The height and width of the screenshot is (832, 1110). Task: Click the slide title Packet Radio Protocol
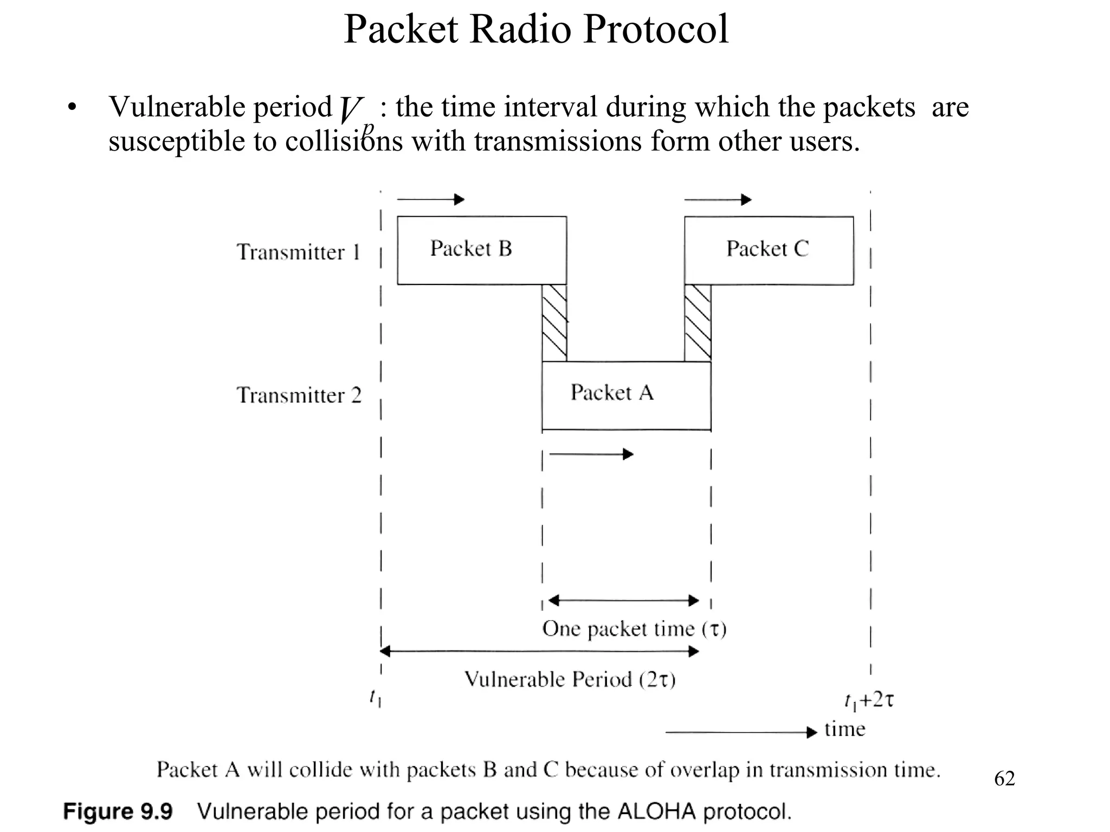[536, 29]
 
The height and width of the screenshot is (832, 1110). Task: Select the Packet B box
[482, 250]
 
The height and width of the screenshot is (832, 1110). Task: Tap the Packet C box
[769, 250]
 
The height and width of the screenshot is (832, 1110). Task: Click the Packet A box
[626, 395]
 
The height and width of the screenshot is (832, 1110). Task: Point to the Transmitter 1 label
[298, 252]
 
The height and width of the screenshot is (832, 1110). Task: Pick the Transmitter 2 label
[299, 395]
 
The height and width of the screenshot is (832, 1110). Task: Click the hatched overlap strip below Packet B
[554, 323]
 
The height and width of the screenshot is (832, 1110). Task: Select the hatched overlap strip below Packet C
[698, 323]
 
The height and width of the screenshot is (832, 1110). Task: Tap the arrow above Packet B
[430, 199]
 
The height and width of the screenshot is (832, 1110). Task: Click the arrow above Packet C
[718, 200]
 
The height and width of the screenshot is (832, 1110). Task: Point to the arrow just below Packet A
[591, 454]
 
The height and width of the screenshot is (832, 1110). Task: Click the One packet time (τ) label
[634, 629]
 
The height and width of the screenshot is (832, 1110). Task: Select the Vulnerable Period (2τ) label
[570, 679]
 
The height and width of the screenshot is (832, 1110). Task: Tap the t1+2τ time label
[869, 701]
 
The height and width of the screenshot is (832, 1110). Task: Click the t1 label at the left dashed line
[375, 698]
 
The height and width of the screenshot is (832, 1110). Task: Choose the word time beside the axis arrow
[844, 729]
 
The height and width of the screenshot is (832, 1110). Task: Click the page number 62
[1004, 778]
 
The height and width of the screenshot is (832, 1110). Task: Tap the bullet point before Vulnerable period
[72, 108]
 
